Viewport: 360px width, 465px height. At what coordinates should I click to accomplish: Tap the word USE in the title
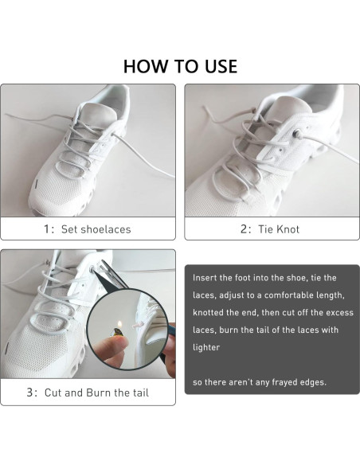coord(218,65)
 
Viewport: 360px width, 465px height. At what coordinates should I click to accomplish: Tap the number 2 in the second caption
coord(245,229)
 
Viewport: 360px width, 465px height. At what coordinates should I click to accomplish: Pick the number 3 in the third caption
coord(30,393)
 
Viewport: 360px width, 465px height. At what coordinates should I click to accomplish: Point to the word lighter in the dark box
coord(207,348)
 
